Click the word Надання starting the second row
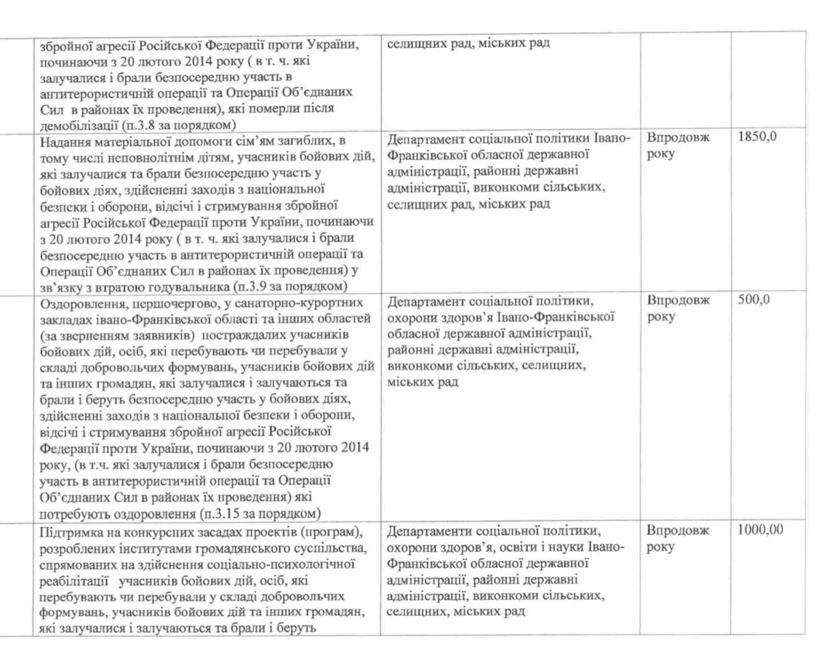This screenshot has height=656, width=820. (67, 141)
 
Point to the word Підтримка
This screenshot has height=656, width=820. (72, 532)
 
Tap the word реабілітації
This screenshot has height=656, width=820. (76, 580)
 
